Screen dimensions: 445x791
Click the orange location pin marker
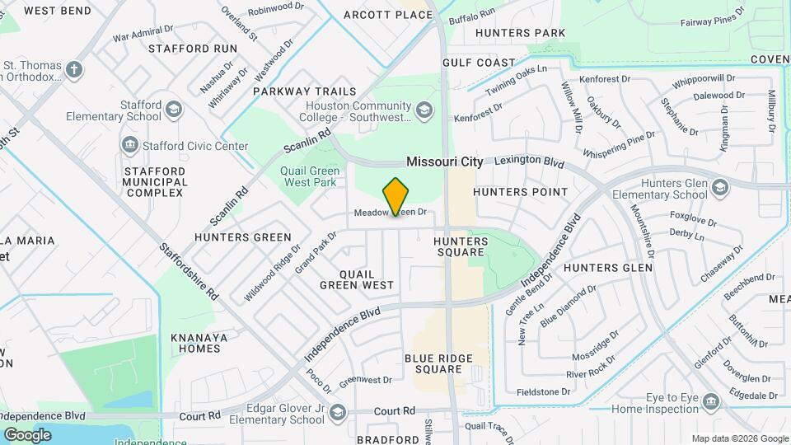(396, 197)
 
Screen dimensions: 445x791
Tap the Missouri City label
(444, 162)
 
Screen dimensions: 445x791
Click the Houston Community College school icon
(424, 110)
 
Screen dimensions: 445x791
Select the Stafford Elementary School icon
(174, 110)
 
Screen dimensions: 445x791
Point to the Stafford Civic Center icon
(129, 146)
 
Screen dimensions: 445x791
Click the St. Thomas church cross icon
(74, 69)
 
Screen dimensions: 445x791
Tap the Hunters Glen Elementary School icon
(721, 189)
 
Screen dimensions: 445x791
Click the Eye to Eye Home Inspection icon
(710, 401)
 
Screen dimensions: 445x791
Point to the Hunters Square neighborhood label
(461, 247)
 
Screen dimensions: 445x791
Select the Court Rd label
(394, 411)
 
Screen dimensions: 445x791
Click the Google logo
(27, 434)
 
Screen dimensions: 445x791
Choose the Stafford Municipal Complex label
(153, 181)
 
